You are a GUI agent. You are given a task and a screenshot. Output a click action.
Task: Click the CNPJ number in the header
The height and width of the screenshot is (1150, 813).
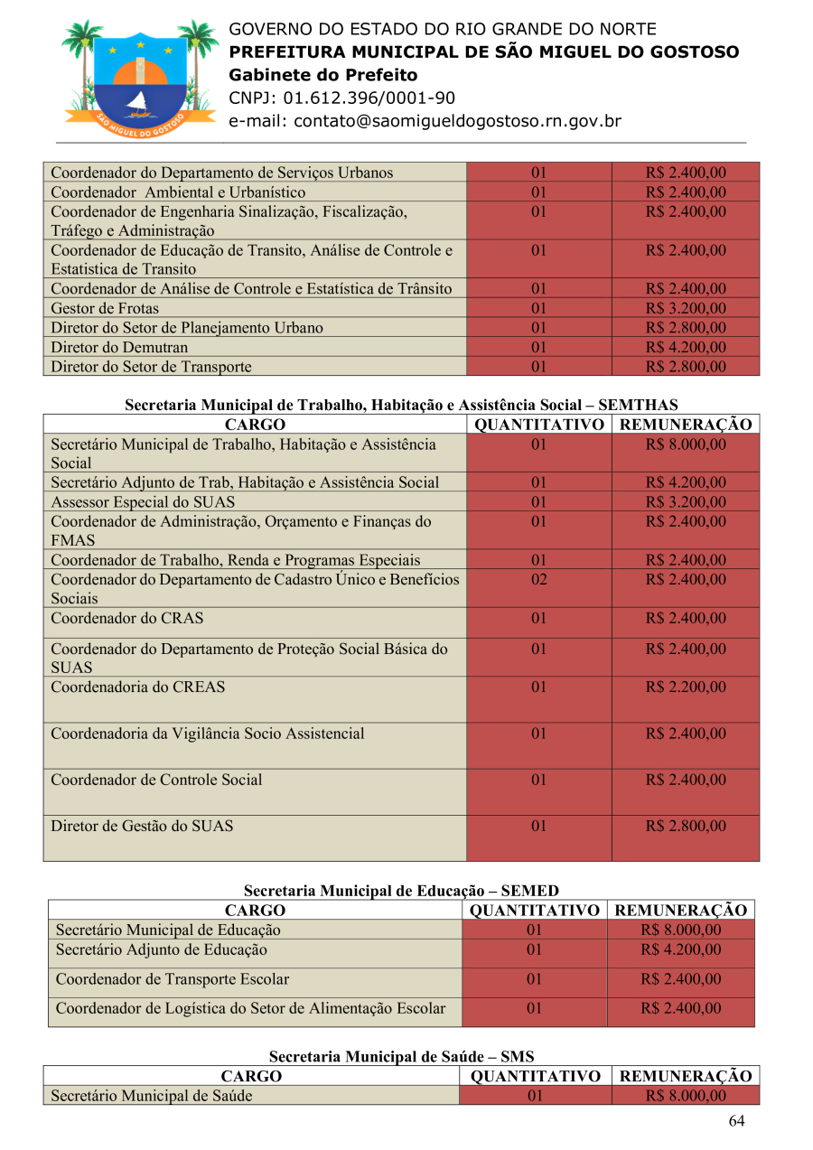(x=341, y=98)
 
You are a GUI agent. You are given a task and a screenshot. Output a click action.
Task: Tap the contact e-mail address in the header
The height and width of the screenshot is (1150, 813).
(x=425, y=121)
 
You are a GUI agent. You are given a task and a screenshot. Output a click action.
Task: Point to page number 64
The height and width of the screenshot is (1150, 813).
(x=736, y=1121)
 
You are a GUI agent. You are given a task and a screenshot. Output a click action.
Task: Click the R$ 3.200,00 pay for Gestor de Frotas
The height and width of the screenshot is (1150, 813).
(x=685, y=309)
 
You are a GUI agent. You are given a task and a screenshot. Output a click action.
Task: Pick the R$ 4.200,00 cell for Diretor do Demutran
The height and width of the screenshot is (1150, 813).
(x=685, y=347)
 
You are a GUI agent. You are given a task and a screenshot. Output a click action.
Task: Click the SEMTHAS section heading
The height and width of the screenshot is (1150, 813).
(x=401, y=406)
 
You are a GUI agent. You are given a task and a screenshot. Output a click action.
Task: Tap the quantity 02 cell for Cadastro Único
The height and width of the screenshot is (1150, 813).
(x=538, y=579)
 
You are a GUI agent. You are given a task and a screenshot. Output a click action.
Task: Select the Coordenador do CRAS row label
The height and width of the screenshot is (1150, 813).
(x=127, y=619)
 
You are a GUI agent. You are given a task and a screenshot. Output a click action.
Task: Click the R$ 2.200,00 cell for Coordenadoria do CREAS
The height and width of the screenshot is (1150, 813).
(x=685, y=687)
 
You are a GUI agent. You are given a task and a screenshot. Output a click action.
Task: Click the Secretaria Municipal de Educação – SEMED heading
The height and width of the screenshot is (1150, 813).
(x=401, y=891)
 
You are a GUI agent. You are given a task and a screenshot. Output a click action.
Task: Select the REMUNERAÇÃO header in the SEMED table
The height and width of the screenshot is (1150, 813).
(x=680, y=911)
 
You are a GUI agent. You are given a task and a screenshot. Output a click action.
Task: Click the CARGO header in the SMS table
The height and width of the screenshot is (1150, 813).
(x=251, y=1076)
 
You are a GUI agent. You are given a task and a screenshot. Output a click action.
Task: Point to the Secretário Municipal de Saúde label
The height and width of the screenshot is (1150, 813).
(x=152, y=1096)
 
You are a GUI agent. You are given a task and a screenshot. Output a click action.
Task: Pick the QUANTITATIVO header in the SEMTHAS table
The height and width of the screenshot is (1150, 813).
(x=539, y=425)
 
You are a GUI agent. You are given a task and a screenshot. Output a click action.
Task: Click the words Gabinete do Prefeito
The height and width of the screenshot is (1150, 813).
(x=323, y=75)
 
